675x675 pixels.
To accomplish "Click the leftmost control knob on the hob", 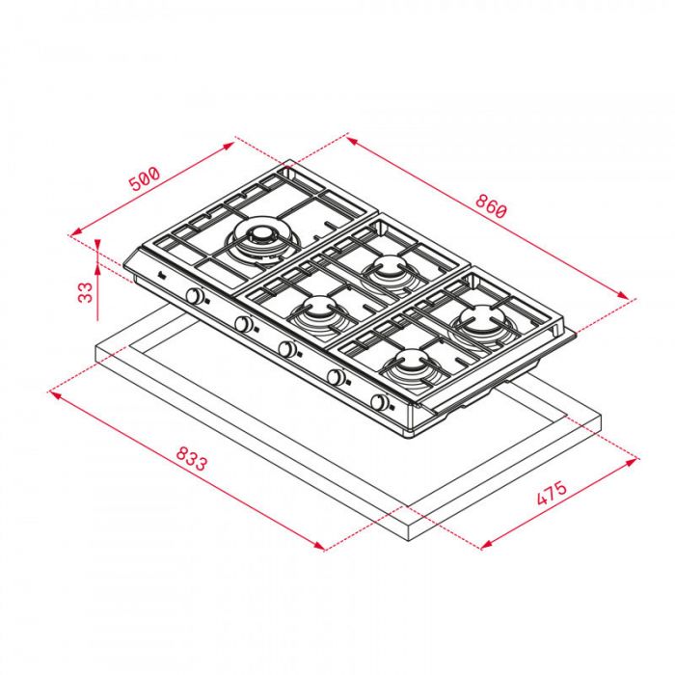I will [198, 297].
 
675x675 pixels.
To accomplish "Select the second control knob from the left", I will [246, 325].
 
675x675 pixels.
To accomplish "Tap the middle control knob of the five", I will [287, 347].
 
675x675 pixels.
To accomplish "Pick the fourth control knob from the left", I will [337, 377].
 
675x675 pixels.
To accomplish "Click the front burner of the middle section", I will [318, 310].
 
